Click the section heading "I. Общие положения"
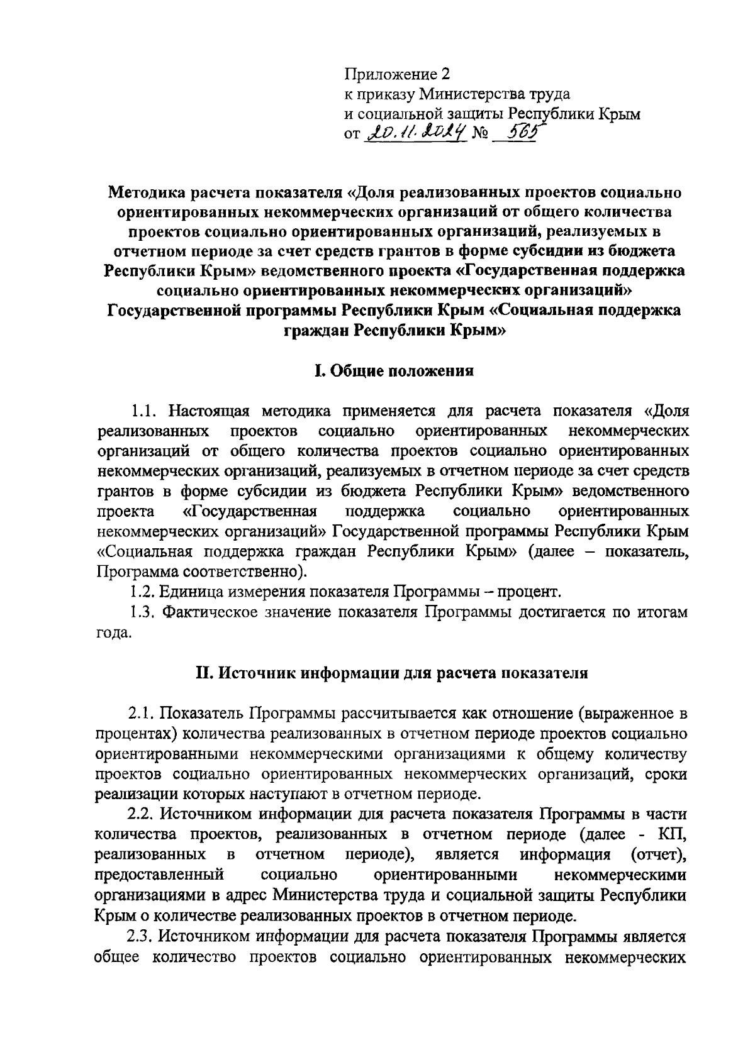(x=394, y=371)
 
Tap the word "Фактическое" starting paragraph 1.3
(x=202, y=612)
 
